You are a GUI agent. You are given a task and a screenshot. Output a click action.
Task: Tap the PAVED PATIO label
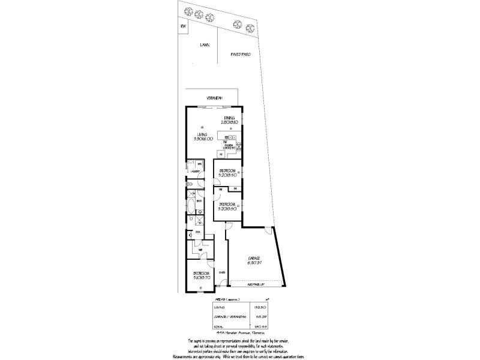point(240,54)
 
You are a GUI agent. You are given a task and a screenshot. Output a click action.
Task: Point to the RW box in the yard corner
point(182,26)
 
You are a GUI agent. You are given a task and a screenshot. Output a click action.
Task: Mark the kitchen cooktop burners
point(239,145)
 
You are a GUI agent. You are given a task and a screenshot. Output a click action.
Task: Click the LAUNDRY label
point(195,172)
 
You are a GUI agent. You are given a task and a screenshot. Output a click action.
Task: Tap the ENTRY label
point(221,272)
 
